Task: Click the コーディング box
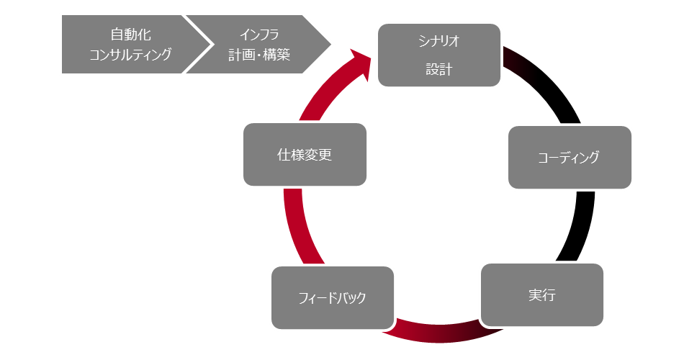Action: pyautogui.click(x=570, y=158)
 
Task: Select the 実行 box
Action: pyautogui.click(x=541, y=294)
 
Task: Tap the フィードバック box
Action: pyautogui.click(x=332, y=297)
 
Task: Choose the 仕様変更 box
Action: pyautogui.click(x=305, y=154)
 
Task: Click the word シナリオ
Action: pyautogui.click(x=438, y=42)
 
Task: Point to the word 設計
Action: pyautogui.click(x=438, y=70)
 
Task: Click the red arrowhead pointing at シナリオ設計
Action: pyautogui.click(x=361, y=64)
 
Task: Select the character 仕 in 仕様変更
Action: pyautogui.click(x=284, y=154)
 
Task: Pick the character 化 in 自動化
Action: pyautogui.click(x=144, y=35)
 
